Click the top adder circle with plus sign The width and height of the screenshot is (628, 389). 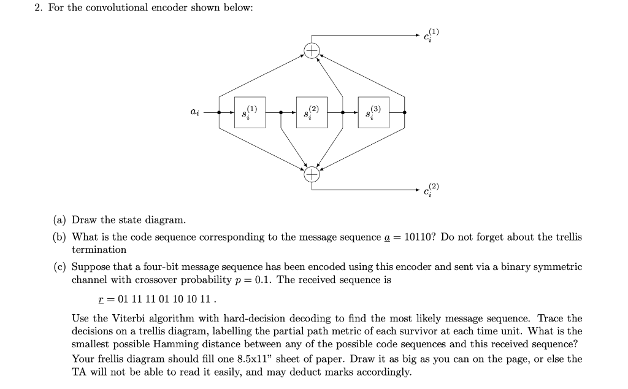point(312,50)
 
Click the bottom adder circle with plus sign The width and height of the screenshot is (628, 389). point(312,175)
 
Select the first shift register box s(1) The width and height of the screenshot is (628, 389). point(250,112)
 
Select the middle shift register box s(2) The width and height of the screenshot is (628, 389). point(312,112)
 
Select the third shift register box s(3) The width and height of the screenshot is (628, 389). point(373,112)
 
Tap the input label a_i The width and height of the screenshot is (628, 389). point(194,113)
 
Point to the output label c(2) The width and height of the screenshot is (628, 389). point(431,191)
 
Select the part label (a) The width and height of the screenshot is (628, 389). point(59,220)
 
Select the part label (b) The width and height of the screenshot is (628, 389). point(59,237)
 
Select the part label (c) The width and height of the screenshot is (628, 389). point(59,267)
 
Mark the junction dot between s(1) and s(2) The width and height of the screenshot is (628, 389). point(280,113)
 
